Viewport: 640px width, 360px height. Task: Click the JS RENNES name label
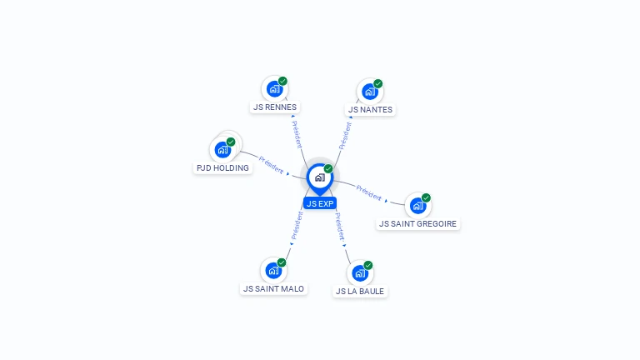[275, 107]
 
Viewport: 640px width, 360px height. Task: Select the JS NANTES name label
[370, 109]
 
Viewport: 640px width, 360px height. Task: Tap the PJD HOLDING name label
[222, 167]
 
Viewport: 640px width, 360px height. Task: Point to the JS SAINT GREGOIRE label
[418, 223]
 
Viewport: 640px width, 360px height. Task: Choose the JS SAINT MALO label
[273, 288]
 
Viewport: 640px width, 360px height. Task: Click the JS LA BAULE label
[360, 291]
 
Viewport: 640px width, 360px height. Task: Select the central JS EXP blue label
[320, 203]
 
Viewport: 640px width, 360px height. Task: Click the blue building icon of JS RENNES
[274, 88]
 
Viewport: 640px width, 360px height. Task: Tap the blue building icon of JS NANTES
[369, 91]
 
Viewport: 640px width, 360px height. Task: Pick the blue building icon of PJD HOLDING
[222, 150]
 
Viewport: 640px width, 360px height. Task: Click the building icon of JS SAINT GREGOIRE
[417, 205]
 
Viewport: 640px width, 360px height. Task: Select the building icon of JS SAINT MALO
[272, 270]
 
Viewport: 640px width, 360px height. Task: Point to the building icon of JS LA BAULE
[359, 272]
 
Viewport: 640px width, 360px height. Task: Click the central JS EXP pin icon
[319, 177]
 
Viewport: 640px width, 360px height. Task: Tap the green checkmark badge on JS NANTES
[377, 83]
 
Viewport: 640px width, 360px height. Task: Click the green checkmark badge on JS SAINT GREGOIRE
[426, 197]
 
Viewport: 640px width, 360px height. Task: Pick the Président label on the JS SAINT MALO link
[297, 225]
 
